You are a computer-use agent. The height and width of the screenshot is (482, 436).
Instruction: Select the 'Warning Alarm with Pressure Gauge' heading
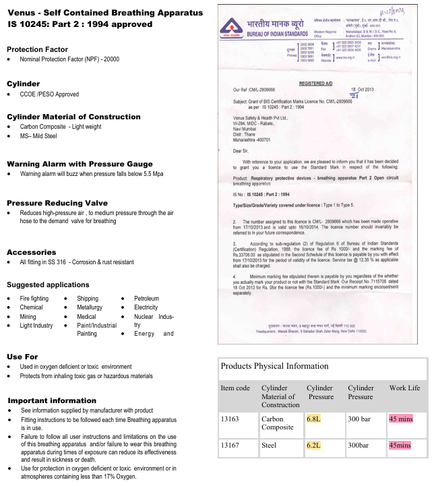(x=80, y=164)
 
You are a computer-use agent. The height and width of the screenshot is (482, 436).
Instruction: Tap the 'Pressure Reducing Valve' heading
(x=57, y=203)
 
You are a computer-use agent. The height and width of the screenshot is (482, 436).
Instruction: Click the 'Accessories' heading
(x=31, y=252)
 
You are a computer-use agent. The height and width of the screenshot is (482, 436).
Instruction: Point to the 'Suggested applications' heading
(x=48, y=285)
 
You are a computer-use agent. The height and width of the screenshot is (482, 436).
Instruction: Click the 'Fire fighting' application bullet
(x=34, y=299)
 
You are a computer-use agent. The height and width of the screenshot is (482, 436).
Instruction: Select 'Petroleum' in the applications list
(x=146, y=299)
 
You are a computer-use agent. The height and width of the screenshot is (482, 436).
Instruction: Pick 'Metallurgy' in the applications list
(x=90, y=307)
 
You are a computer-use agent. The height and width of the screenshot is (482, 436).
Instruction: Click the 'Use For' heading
(x=22, y=357)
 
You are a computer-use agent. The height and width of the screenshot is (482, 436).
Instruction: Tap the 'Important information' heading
(x=52, y=400)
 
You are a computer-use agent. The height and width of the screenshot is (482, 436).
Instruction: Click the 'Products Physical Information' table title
(x=275, y=366)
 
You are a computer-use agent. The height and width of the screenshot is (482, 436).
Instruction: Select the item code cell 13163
(x=231, y=418)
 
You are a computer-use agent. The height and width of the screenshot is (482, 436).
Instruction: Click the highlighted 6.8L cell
(x=315, y=418)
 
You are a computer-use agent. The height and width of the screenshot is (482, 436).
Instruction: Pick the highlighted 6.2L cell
(x=315, y=446)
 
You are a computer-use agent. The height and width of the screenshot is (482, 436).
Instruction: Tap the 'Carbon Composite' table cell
(x=277, y=422)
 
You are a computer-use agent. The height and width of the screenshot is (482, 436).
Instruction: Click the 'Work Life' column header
(x=404, y=388)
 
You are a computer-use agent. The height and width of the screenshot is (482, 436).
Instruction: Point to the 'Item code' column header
(x=235, y=388)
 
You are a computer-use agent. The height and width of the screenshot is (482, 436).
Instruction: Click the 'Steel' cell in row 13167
(x=269, y=446)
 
